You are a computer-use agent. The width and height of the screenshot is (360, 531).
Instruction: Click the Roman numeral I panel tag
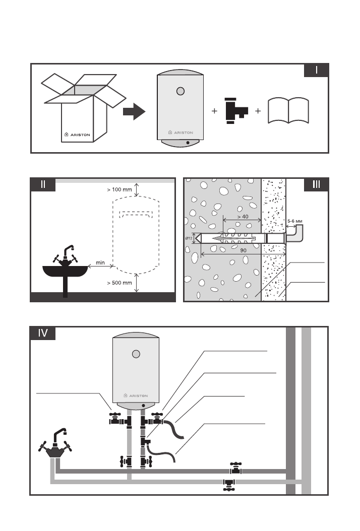coord(317,70)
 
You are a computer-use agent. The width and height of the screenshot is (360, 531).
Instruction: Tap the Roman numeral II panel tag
coord(43,184)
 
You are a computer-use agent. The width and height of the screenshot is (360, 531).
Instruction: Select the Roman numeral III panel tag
coord(316,184)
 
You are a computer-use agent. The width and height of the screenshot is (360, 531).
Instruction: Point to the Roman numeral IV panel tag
coord(43,333)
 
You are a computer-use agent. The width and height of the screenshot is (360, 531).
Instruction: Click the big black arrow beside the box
coord(134,112)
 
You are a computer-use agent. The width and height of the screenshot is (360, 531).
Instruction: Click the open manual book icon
coord(288,111)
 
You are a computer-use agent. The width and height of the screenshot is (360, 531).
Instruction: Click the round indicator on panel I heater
coord(181,92)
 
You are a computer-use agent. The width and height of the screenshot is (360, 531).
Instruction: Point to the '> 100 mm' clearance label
coord(119,190)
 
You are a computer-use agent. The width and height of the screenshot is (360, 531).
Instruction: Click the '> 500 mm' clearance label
coord(119,283)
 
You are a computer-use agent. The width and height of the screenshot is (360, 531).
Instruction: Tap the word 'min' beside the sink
coord(100,262)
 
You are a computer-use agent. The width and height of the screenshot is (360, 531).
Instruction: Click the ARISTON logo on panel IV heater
coord(136,395)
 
